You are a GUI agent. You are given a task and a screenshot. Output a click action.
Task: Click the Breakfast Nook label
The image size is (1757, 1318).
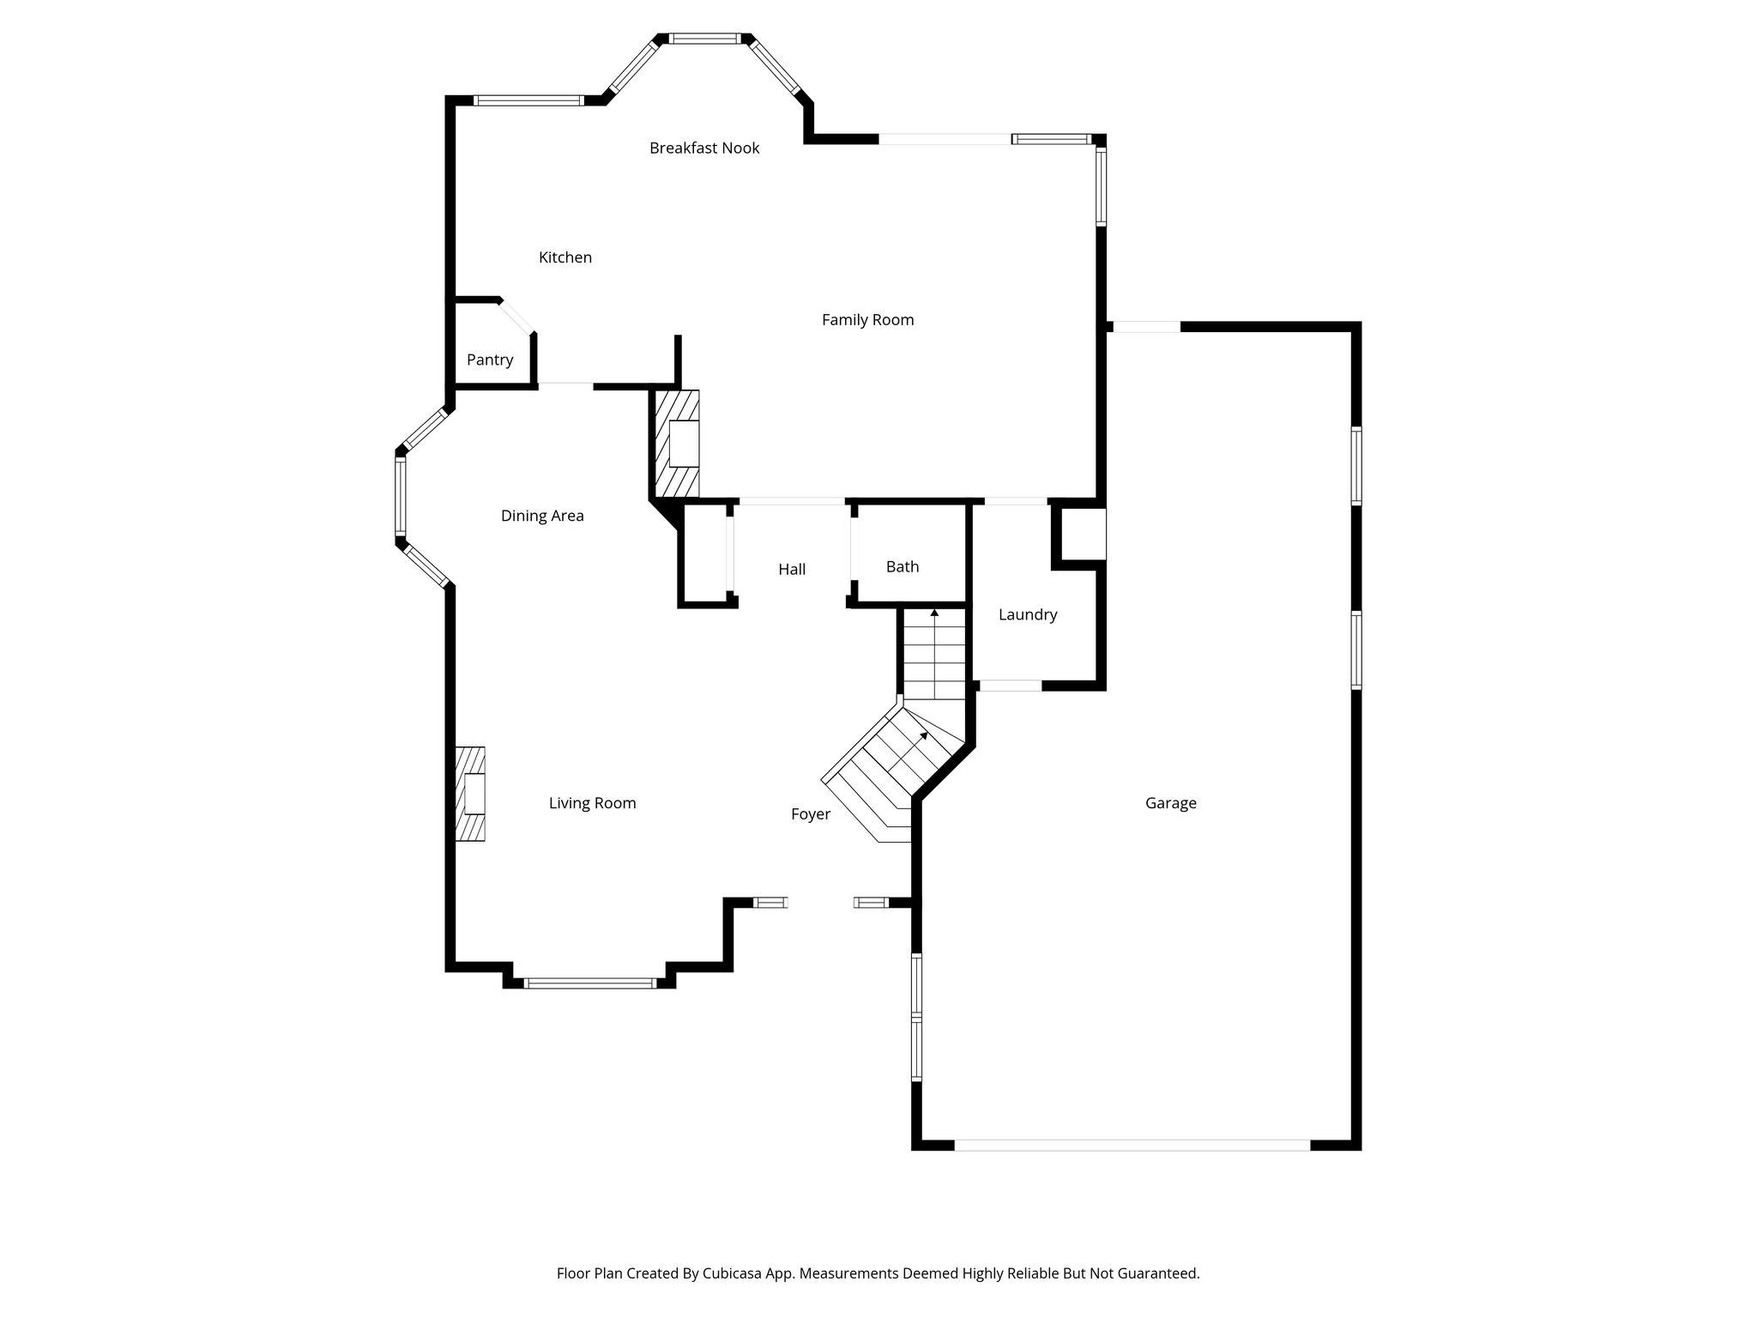pos(704,148)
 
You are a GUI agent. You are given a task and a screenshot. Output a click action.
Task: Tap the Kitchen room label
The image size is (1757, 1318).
pos(565,257)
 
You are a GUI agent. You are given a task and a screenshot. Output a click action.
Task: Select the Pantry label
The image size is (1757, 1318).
pos(490,360)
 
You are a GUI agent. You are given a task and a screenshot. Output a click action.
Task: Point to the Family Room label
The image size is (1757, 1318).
pos(867,320)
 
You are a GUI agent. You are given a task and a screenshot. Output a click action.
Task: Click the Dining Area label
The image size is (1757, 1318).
pos(542,516)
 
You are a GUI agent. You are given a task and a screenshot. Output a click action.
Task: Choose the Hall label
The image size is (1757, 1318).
pos(792,569)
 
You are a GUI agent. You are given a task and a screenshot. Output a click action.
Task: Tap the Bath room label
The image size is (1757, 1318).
pos(902,566)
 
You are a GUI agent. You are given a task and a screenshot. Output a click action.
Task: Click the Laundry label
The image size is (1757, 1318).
pos(1027,614)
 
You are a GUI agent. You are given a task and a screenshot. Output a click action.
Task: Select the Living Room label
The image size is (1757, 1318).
pos(592,803)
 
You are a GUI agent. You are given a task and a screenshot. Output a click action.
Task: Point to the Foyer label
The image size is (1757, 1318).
pos(810,814)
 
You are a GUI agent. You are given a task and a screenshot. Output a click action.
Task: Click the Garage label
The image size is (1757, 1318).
pos(1170,803)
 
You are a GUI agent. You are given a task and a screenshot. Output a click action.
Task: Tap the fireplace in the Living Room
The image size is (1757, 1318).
pos(470,794)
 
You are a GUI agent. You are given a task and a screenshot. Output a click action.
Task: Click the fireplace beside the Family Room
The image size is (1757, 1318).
pos(678,444)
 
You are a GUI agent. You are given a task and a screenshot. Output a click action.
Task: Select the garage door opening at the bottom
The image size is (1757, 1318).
pos(1132,1145)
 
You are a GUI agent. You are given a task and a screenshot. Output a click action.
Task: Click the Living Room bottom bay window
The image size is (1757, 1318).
pos(590,983)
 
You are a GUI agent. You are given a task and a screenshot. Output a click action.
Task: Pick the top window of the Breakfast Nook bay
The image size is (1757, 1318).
pos(703,39)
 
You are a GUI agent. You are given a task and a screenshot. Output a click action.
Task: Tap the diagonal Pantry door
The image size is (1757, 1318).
pos(517,316)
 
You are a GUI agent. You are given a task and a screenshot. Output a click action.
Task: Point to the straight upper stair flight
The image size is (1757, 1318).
pos(934,656)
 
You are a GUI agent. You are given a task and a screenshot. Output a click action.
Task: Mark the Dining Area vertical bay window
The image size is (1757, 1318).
pos(400,498)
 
